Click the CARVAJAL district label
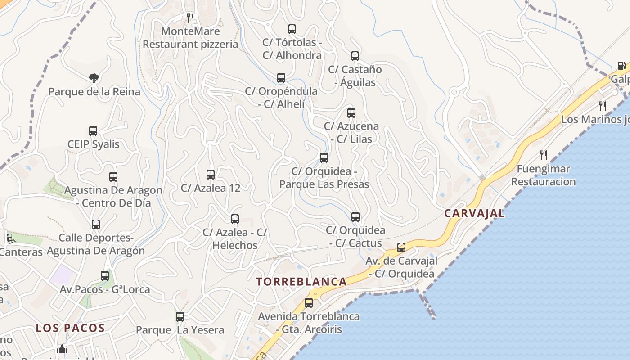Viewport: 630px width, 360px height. (x=474, y=213)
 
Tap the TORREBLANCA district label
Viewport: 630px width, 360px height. (x=301, y=282)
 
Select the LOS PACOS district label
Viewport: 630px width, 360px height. (x=70, y=328)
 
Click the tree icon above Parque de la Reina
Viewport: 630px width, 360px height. (x=94, y=79)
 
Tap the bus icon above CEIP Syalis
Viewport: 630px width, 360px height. (x=93, y=131)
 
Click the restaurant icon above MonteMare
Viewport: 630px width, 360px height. (x=190, y=18)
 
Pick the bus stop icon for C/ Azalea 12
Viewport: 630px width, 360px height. (x=210, y=175)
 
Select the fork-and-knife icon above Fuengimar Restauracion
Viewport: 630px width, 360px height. (x=544, y=156)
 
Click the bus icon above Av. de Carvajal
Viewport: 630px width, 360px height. (x=401, y=247)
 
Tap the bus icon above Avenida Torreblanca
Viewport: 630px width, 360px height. (x=308, y=303)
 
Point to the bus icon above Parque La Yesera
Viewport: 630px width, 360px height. (x=180, y=317)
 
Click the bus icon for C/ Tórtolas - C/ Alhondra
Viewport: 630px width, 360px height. (x=292, y=29)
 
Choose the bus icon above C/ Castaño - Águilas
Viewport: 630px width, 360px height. (x=355, y=56)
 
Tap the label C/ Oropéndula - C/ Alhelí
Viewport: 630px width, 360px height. (x=281, y=98)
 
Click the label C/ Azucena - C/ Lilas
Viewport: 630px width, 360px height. (x=351, y=133)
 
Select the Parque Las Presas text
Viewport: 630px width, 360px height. (x=324, y=184)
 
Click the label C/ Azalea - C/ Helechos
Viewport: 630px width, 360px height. (x=234, y=239)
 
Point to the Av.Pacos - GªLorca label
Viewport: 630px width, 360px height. (x=105, y=289)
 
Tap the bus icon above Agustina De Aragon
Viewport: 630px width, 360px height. (x=113, y=177)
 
